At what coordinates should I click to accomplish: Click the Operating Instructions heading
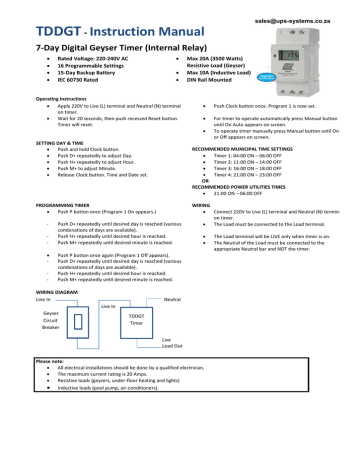point(59,101)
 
